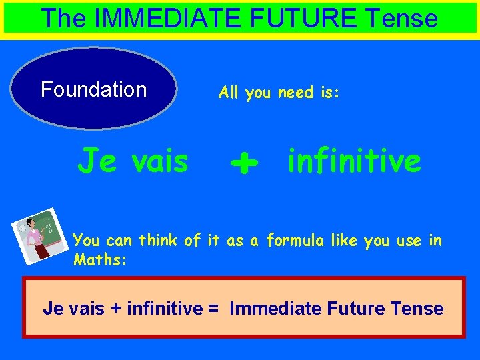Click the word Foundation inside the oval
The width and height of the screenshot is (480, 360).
[x=93, y=89]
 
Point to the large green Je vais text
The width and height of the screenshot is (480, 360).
[x=133, y=161]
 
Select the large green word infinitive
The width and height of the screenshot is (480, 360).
[x=354, y=161]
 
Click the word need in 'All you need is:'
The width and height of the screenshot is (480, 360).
[x=296, y=93]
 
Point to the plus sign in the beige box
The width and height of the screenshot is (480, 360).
[x=116, y=309]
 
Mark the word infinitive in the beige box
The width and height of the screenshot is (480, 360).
[x=164, y=309]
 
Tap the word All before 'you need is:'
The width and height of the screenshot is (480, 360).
[x=229, y=93]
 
